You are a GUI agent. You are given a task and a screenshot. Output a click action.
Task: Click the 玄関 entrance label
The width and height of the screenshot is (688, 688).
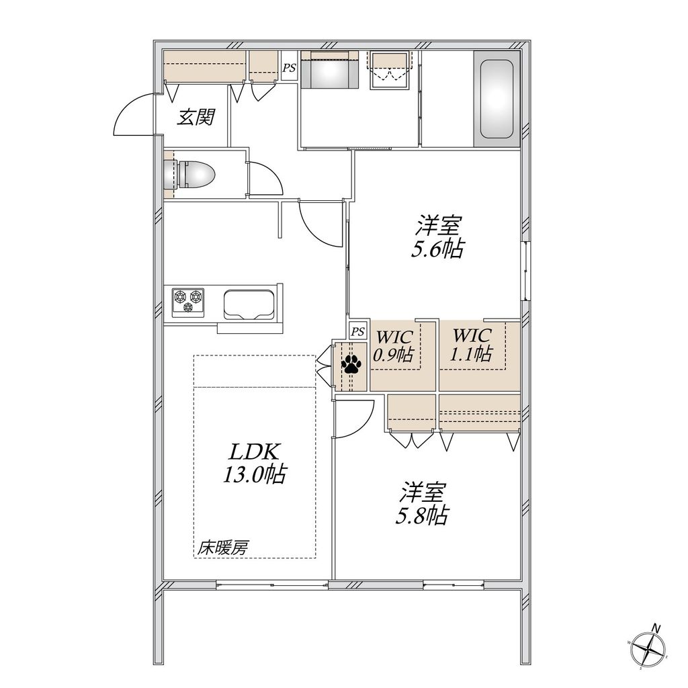(196, 118)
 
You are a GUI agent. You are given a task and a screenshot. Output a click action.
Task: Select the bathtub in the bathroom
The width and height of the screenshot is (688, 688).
(497, 99)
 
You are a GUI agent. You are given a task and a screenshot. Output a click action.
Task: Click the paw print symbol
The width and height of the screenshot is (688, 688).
(351, 365)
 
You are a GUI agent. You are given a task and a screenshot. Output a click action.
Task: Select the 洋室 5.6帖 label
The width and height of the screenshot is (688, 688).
(438, 236)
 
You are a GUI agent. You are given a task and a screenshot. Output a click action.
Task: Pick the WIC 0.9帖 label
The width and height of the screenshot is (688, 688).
(394, 345)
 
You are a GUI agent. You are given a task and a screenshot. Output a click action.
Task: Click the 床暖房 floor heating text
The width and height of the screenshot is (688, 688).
(222, 548)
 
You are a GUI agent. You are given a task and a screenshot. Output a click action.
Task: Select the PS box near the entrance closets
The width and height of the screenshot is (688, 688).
(289, 68)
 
